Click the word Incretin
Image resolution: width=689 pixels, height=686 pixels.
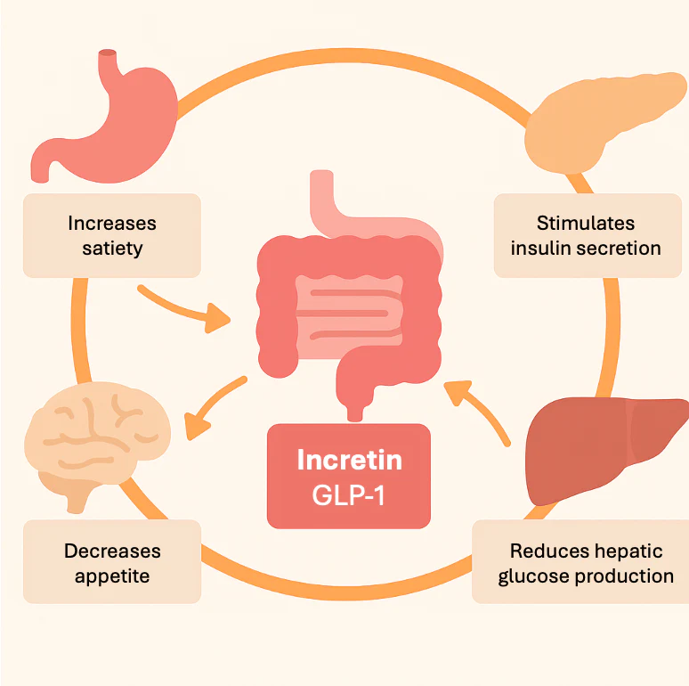[x=349, y=460]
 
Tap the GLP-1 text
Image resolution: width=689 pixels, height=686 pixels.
[x=349, y=495]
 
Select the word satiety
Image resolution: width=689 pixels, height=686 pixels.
[x=111, y=248]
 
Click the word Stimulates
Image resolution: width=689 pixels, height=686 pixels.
[x=585, y=223]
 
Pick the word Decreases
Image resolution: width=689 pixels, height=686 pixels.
[x=111, y=551]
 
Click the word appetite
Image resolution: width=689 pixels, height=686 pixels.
[x=111, y=576]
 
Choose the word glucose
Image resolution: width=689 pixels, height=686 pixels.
[x=532, y=576]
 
